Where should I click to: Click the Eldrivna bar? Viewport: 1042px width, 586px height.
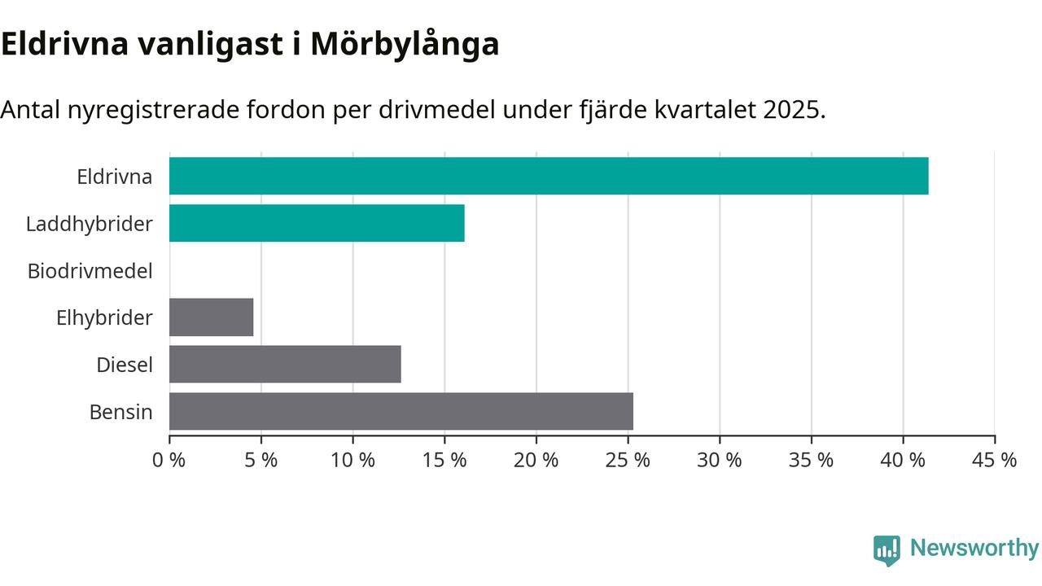point(549,176)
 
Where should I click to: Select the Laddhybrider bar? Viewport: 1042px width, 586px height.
point(317,223)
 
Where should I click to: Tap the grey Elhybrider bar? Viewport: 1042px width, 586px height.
point(212,317)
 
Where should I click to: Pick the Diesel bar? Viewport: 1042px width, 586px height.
point(285,365)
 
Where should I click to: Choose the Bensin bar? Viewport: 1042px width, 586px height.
point(401,412)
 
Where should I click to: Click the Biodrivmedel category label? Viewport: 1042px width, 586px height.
point(90,271)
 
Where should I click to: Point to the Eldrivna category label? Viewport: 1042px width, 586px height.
point(114,177)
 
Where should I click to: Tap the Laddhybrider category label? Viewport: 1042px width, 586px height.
point(90,224)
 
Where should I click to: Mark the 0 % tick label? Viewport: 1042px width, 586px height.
point(169,460)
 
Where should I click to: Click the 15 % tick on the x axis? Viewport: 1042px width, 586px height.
point(444,460)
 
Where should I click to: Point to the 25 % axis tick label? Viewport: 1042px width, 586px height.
point(628,460)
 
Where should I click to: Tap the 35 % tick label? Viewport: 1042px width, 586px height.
point(812,460)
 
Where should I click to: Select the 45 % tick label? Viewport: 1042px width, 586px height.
point(995,460)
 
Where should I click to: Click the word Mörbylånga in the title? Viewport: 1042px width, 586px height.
point(405,45)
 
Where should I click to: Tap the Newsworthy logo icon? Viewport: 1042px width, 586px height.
point(887,550)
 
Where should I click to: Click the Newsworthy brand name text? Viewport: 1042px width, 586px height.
point(974,548)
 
